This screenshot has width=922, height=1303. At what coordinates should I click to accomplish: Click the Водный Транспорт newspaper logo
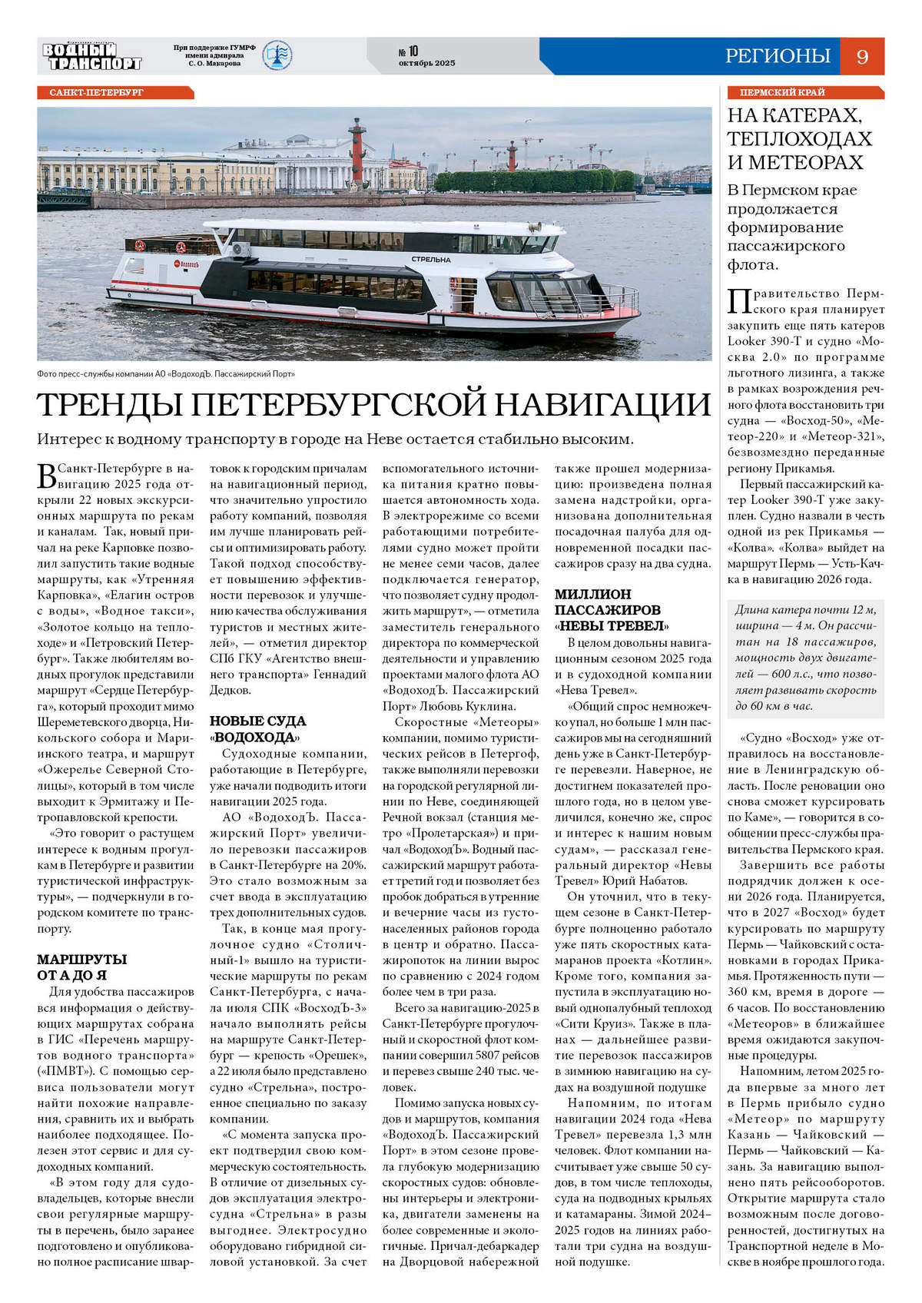click(x=92, y=56)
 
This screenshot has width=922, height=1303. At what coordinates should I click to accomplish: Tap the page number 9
click(x=862, y=56)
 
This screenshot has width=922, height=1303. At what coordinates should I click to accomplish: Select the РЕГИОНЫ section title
click(x=778, y=56)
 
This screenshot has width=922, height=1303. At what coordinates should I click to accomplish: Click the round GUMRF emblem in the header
click(x=277, y=55)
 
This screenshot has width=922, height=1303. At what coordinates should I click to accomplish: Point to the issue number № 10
click(x=408, y=51)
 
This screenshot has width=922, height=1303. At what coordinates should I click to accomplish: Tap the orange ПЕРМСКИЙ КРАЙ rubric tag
click(x=782, y=92)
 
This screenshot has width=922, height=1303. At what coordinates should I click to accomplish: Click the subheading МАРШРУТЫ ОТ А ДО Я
click(x=82, y=967)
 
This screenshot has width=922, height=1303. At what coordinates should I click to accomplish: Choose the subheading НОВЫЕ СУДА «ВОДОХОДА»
click(x=257, y=729)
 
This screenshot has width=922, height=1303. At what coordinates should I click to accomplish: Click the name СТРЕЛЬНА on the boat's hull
click(x=430, y=259)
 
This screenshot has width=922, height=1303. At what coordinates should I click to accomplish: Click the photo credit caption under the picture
click(x=166, y=374)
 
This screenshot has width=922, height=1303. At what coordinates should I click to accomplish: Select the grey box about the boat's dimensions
click(x=805, y=658)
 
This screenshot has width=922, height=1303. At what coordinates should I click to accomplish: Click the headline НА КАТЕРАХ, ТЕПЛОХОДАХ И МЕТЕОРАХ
click(x=799, y=139)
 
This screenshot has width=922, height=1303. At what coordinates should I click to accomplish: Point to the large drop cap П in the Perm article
click(x=738, y=302)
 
